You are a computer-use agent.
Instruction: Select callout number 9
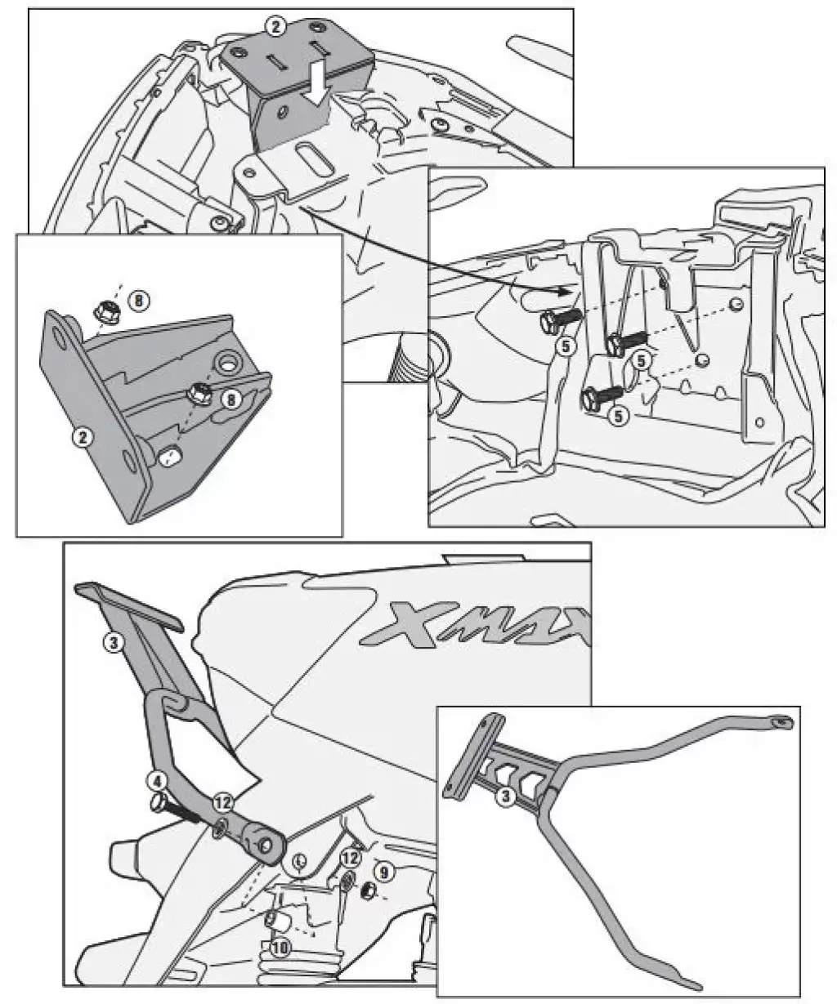pyautogui.click(x=384, y=871)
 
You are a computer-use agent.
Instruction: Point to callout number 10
pyautogui.click(x=280, y=948)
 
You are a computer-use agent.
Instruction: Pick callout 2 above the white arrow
pyautogui.click(x=275, y=27)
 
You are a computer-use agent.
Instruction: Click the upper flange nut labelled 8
pyautogui.click(x=107, y=310)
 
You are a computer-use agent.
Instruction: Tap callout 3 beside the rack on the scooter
pyautogui.click(x=114, y=641)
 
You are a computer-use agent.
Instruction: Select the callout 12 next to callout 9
pyautogui.click(x=349, y=858)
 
